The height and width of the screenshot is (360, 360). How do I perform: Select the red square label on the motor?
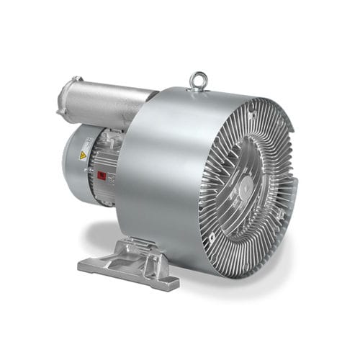point(102,175)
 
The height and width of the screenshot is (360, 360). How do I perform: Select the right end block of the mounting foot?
point(165,278)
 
